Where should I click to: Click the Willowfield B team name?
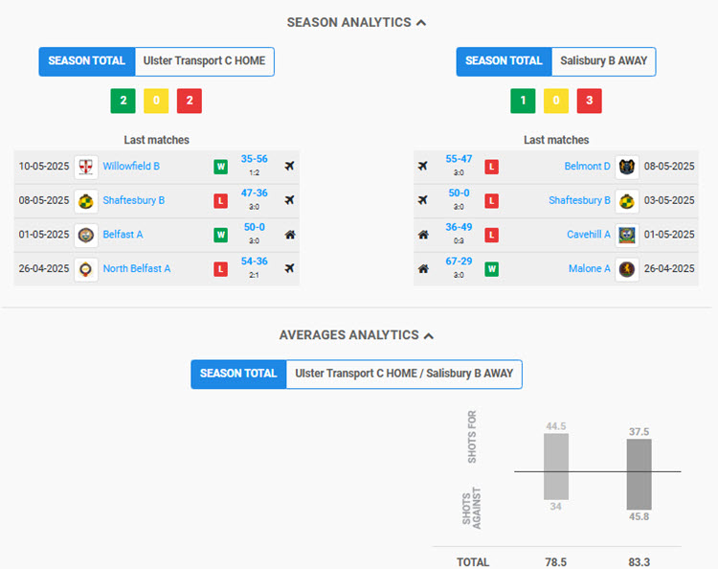131,167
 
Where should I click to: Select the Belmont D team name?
587,167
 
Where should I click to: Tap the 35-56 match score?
254,160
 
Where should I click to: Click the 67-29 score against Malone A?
459,262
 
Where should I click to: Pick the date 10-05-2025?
44,167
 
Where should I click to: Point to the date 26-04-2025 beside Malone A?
669,269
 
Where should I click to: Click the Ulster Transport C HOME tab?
205,61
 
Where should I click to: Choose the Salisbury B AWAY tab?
603,61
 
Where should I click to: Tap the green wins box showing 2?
123,101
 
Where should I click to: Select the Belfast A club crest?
86,235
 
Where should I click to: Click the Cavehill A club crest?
627,235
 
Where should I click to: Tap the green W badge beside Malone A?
491,269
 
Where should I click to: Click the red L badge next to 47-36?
220,201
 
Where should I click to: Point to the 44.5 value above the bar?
556,426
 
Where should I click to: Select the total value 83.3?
639,562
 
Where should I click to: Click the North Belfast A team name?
137,269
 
